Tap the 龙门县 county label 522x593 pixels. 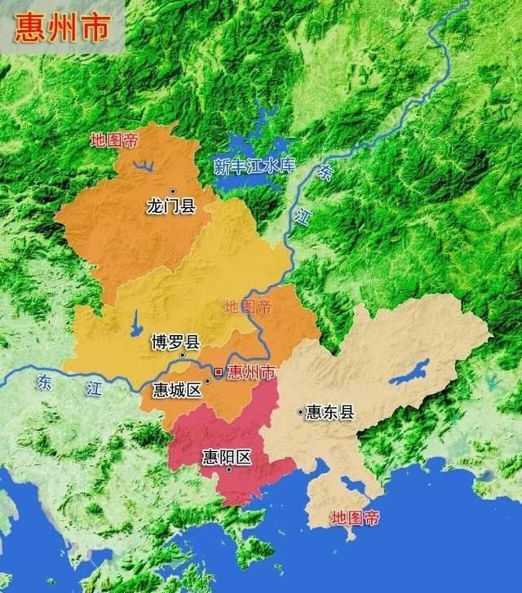pos(171,206)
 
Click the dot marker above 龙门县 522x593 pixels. pos(173,191)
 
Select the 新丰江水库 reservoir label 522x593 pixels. pos(253,166)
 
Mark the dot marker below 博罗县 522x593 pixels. pos(183,356)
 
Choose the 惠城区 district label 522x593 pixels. pos(177,389)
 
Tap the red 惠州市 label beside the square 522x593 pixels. pos(251,374)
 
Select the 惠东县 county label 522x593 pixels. pos(330,413)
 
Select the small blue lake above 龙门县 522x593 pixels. pos(144,166)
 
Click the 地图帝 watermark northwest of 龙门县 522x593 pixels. pos(114,139)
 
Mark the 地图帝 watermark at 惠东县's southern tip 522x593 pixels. pos(356,517)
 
